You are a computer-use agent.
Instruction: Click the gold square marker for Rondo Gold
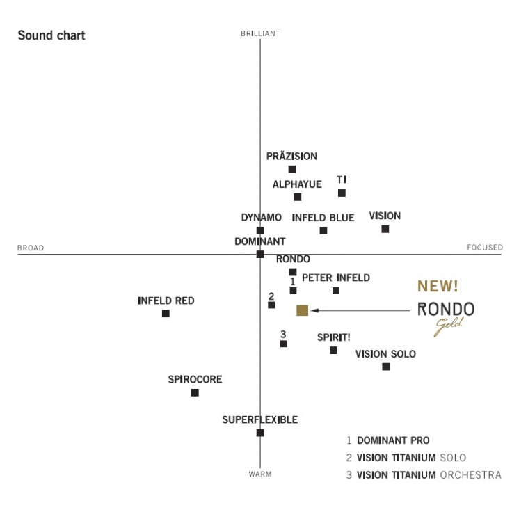pyautogui.click(x=302, y=310)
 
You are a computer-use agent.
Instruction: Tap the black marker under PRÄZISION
pyautogui.click(x=292, y=169)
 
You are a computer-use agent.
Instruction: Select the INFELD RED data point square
pyautogui.click(x=166, y=314)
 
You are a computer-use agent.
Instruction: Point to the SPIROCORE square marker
pyautogui.click(x=195, y=392)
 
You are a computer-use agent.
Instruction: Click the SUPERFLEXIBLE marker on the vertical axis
pyautogui.click(x=260, y=433)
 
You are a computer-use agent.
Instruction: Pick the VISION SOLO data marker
pyautogui.click(x=386, y=367)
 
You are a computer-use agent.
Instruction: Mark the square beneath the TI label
pyautogui.click(x=342, y=193)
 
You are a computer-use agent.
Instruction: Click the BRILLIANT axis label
pyautogui.click(x=260, y=33)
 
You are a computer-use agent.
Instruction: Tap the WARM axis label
pyautogui.click(x=260, y=474)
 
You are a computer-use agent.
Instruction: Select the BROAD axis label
pyautogui.click(x=31, y=248)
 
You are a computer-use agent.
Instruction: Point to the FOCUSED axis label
pyautogui.click(x=484, y=248)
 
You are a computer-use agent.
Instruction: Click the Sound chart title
pyautogui.click(x=51, y=35)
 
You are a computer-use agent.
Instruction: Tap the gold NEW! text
pyautogui.click(x=438, y=287)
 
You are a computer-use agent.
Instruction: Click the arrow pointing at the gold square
pyautogui.click(x=362, y=310)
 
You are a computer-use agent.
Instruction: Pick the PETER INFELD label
pyautogui.click(x=336, y=278)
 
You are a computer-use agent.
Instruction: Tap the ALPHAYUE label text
pyautogui.click(x=297, y=184)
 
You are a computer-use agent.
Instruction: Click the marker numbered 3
pyautogui.click(x=283, y=344)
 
